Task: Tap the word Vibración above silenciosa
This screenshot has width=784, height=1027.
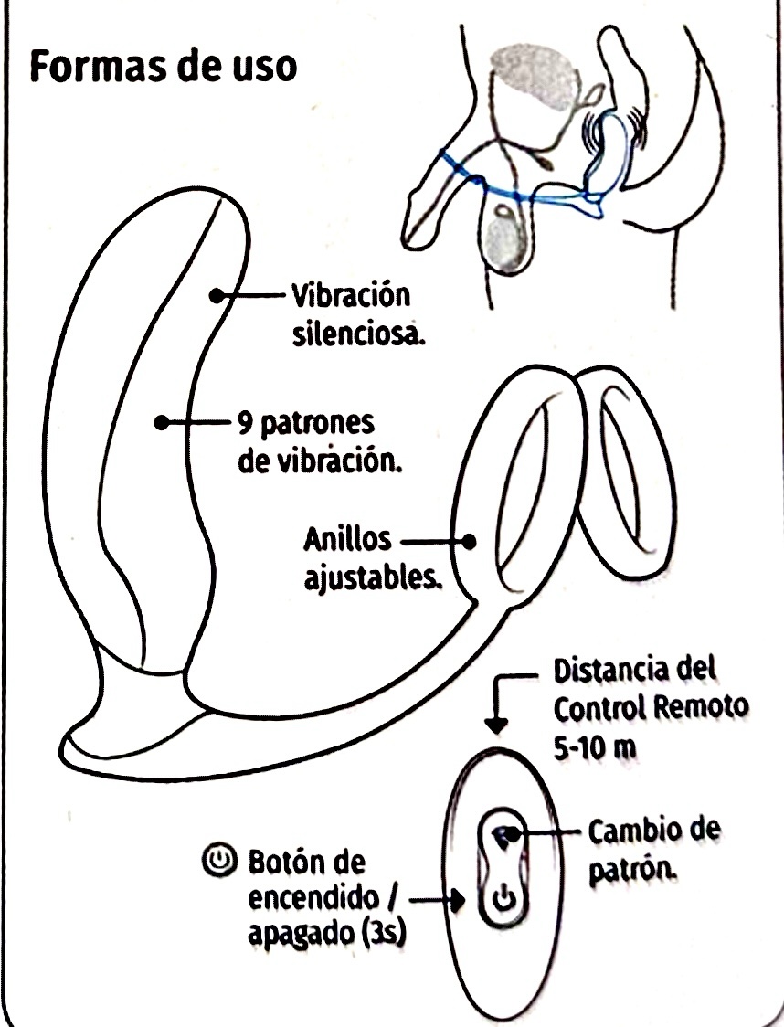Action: click(350, 296)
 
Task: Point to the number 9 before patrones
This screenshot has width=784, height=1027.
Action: click(244, 425)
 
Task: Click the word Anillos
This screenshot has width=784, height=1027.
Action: click(347, 540)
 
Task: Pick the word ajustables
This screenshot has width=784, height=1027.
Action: click(371, 579)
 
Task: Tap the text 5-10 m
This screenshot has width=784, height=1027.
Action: click(595, 748)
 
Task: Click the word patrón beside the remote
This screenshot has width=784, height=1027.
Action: click(632, 871)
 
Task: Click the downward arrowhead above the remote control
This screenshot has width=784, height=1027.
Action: click(497, 725)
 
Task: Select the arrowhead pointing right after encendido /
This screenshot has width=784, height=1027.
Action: click(457, 900)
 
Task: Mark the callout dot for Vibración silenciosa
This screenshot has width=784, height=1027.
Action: click(217, 296)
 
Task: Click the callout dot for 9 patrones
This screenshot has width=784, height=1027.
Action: click(162, 423)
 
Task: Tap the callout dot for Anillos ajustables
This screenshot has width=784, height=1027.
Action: click(469, 542)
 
